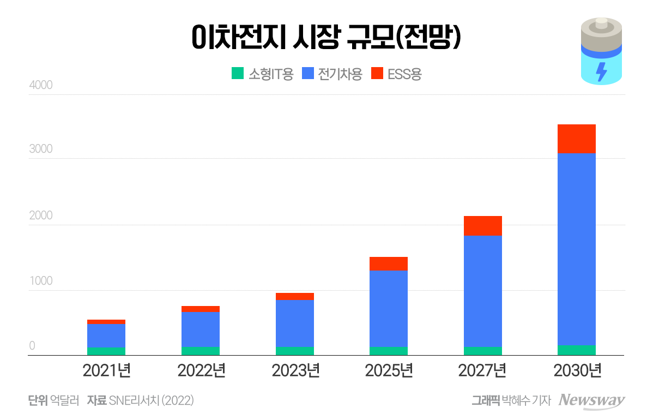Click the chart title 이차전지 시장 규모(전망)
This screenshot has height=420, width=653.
326,39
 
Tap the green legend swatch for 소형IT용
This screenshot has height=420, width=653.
237,73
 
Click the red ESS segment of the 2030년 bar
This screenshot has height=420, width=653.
576,139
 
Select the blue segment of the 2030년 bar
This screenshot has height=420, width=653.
576,249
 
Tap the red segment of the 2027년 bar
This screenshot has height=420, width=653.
482,225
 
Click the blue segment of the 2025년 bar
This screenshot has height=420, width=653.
388,308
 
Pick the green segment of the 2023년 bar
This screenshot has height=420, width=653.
294,351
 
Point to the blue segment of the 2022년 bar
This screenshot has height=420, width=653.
200,329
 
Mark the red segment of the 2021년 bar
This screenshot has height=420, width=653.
106,322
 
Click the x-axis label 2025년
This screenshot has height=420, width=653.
389,371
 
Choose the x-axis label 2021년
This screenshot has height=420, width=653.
106,371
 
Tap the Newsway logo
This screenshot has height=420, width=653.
591,400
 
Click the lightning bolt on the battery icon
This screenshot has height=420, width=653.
601,71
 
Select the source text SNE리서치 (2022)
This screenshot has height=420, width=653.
151,400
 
